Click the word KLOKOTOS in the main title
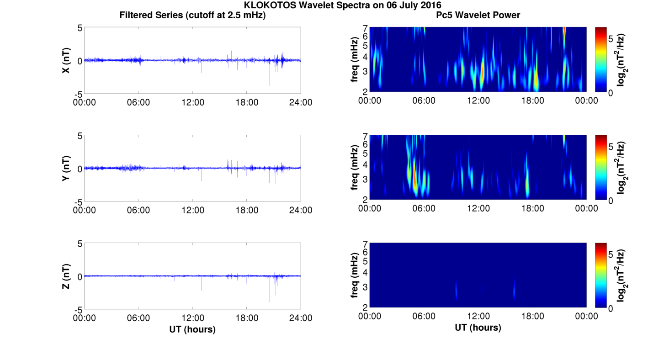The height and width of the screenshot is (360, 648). pyautogui.click(x=270, y=5)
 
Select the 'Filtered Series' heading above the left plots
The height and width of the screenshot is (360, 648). pyautogui.click(x=151, y=15)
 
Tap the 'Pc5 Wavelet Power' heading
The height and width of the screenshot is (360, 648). pyautogui.click(x=478, y=15)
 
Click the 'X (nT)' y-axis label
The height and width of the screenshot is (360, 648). pyautogui.click(x=66, y=60)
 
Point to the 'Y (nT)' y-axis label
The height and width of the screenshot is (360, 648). pyautogui.click(x=66, y=168)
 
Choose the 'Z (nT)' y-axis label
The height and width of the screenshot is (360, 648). pyautogui.click(x=66, y=276)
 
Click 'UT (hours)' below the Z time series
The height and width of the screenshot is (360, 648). pyautogui.click(x=192, y=329)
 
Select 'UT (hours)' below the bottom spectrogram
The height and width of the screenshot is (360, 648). pyautogui.click(x=478, y=327)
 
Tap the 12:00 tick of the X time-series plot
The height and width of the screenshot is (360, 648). pyautogui.click(x=193, y=102)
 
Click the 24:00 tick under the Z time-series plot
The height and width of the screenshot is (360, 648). pyautogui.click(x=301, y=318)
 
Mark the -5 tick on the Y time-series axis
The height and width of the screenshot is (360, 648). pyautogui.click(x=78, y=201)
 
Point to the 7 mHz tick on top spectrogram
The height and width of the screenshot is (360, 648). pyautogui.click(x=366, y=28)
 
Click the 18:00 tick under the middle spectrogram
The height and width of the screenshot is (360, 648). pyautogui.click(x=532, y=208)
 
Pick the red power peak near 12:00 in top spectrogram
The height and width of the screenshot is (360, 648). pyautogui.click(x=482, y=72)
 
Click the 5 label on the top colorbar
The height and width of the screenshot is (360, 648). pyautogui.click(x=611, y=39)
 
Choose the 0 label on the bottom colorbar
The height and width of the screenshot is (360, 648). pyautogui.click(x=611, y=308)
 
